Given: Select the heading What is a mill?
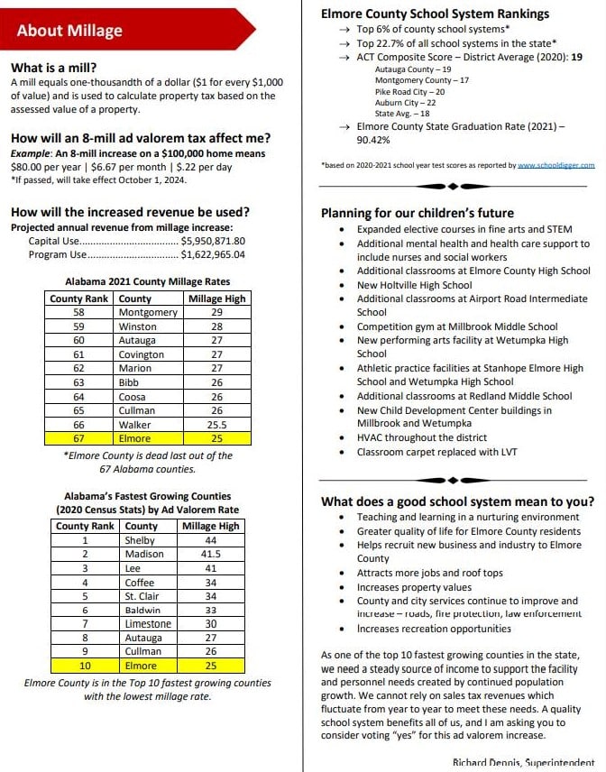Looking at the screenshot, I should (x=54, y=68).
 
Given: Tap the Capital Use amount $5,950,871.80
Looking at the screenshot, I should (x=213, y=242).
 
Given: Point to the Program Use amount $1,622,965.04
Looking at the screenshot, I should (x=213, y=254).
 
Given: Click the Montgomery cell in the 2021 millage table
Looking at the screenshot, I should (x=148, y=312).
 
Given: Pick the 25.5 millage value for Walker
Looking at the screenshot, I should (x=216, y=424).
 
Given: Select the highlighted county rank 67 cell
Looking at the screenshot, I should (x=79, y=438).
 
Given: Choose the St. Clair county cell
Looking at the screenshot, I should (x=142, y=595).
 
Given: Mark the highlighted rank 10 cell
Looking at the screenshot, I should (x=86, y=666).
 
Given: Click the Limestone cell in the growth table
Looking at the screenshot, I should (x=148, y=623).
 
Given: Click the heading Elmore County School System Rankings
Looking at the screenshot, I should (x=435, y=14).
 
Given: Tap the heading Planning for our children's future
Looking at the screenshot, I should (x=418, y=214).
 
